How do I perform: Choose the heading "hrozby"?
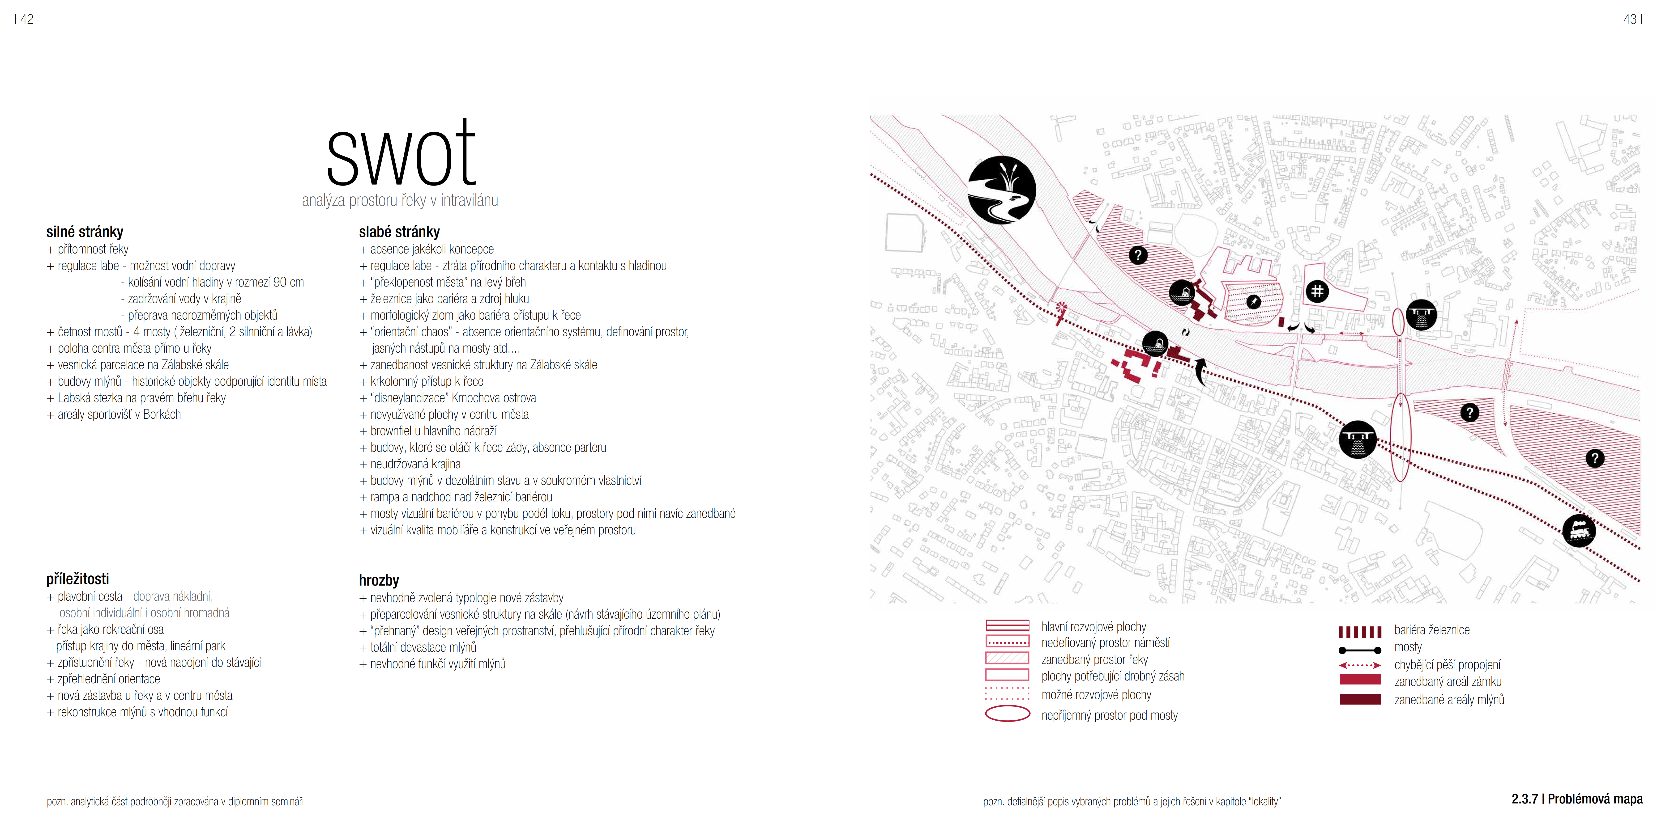pyautogui.click(x=379, y=580)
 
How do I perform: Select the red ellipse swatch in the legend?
pyautogui.click(x=1007, y=714)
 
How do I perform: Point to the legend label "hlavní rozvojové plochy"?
pyautogui.click(x=1093, y=627)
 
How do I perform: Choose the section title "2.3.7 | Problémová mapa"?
pyautogui.click(x=1577, y=799)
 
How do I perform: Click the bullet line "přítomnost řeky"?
pyautogui.click(x=93, y=249)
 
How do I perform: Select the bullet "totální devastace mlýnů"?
pyautogui.click(x=423, y=647)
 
